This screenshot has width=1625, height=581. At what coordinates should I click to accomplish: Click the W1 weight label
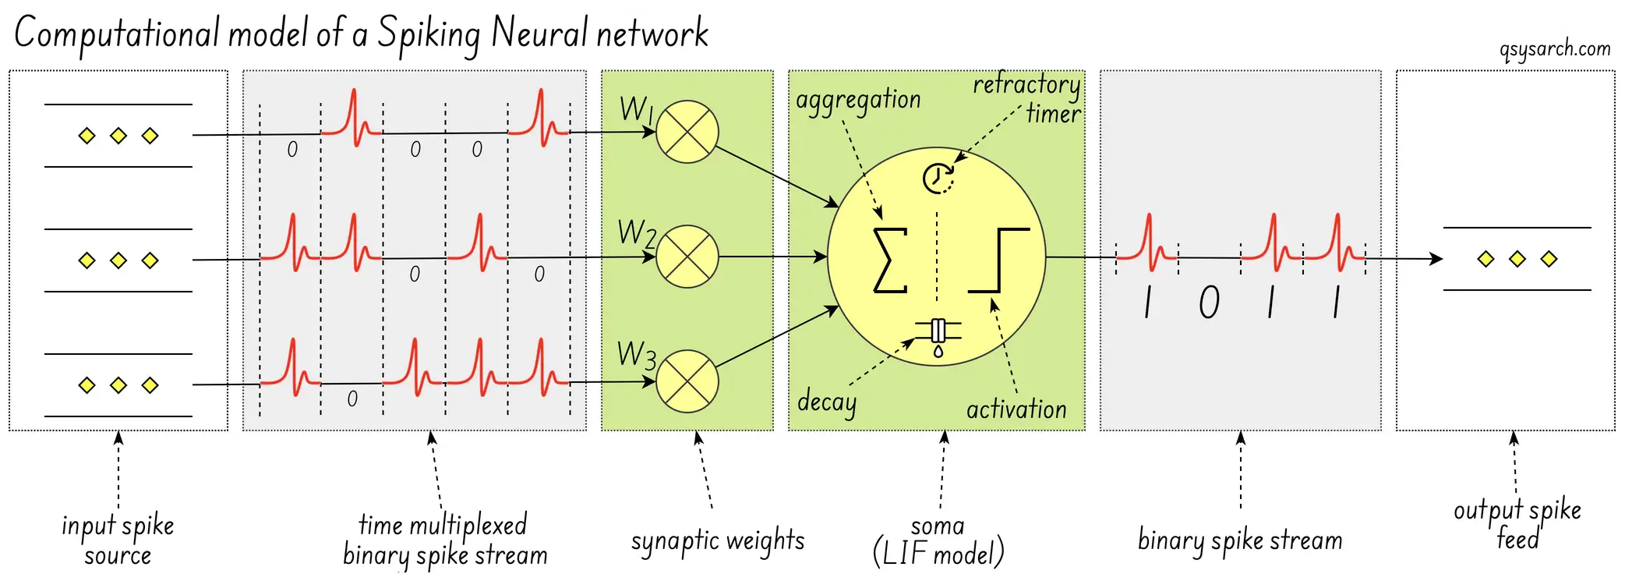point(636,109)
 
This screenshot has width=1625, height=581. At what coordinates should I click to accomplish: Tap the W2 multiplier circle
point(687,257)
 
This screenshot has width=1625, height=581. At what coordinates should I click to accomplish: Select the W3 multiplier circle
point(687,381)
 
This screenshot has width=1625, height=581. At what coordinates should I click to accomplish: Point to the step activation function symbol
point(999,260)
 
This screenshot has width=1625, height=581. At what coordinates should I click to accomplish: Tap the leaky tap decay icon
point(938,335)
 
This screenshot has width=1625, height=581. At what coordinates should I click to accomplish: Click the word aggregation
point(858,101)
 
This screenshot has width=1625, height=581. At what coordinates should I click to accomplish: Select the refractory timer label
point(1028,97)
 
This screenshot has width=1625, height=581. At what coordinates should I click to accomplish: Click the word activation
point(1016,409)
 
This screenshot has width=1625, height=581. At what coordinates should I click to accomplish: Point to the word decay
point(826,402)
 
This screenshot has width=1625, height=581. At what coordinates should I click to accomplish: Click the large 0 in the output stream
point(1209,303)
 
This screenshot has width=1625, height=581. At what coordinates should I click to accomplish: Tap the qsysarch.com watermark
point(1555,49)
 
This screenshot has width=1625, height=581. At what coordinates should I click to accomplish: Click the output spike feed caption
point(1517,523)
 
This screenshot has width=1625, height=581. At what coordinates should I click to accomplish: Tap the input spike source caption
point(118,540)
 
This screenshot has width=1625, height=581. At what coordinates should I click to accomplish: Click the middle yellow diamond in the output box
point(1517,259)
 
